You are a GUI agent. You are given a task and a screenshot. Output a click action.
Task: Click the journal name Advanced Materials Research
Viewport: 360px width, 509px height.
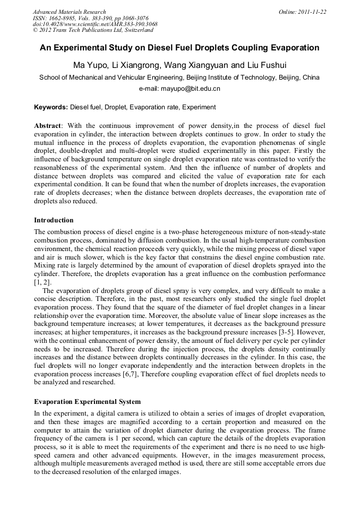pos(69,12)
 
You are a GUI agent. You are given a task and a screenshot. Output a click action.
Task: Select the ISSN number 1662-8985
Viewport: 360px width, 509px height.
pos(62,18)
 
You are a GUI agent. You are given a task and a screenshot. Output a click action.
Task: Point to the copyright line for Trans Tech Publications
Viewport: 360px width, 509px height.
pos(93,31)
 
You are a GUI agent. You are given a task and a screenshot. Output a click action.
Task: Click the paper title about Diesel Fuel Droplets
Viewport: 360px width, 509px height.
pos(179,48)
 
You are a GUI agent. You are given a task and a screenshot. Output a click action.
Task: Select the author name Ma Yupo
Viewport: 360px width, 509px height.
pos(88,66)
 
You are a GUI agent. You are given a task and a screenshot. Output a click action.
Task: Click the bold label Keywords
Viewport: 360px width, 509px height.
pos(50,107)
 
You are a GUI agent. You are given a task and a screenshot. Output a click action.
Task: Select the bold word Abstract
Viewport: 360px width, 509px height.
pos(48,126)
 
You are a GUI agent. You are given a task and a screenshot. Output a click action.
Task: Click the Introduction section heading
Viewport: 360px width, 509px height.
pos(54,220)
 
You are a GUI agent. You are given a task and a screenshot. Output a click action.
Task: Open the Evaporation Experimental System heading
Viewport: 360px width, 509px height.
pos(87,402)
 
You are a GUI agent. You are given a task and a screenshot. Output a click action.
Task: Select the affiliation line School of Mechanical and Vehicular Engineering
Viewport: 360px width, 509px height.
pos(179,77)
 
